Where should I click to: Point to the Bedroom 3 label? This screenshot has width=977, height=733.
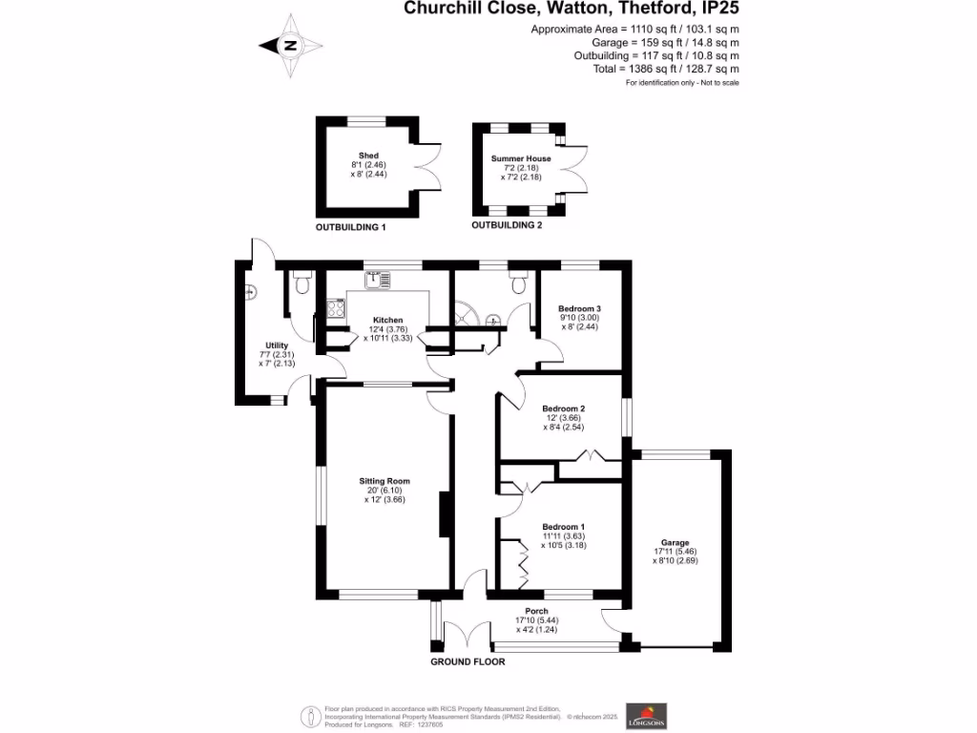tap(579, 308)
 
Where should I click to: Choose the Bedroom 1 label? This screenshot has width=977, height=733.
tap(563, 527)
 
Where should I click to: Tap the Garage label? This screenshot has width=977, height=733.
tap(676, 542)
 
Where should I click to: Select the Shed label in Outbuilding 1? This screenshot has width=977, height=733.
tap(368, 156)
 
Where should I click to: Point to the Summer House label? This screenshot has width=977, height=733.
tap(521, 158)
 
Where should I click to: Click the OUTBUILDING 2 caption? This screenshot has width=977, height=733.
tap(507, 225)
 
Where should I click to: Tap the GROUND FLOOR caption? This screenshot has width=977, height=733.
tap(468, 661)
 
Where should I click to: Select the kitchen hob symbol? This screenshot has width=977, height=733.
tap(336, 308)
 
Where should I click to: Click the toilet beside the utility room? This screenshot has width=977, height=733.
tap(303, 283)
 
